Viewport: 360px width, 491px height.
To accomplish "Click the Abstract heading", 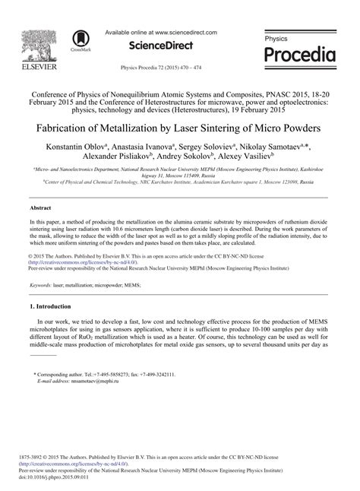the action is coord(39,207).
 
